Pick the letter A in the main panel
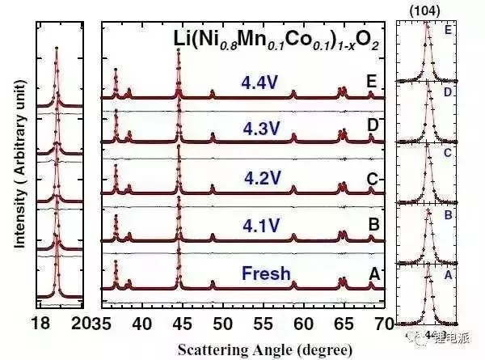click(373, 273)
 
